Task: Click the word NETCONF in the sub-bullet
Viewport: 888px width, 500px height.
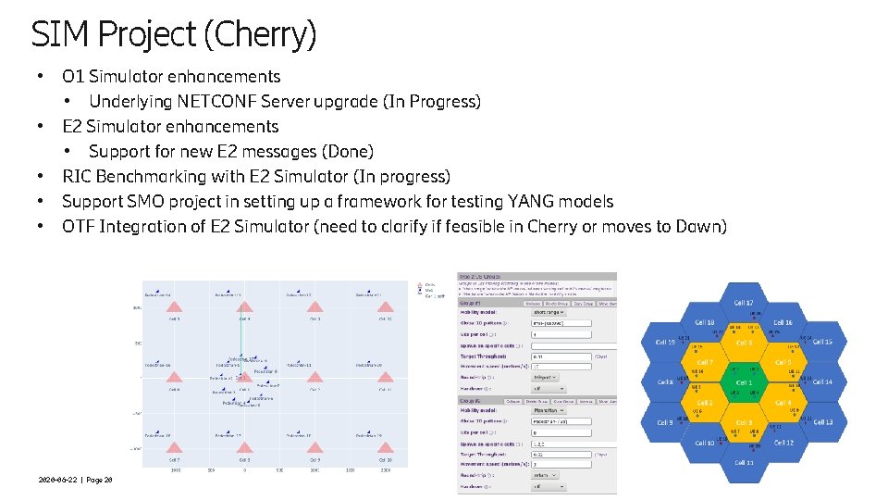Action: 217,101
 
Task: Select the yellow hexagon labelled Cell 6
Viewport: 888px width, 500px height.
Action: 744,343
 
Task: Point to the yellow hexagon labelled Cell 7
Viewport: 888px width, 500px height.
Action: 705,362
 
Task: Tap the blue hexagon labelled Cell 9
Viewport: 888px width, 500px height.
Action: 665,422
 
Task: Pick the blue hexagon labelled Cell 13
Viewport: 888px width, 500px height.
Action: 822,422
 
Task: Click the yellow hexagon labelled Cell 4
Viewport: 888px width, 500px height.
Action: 783,403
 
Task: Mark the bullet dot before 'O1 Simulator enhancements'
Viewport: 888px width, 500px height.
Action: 40,76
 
